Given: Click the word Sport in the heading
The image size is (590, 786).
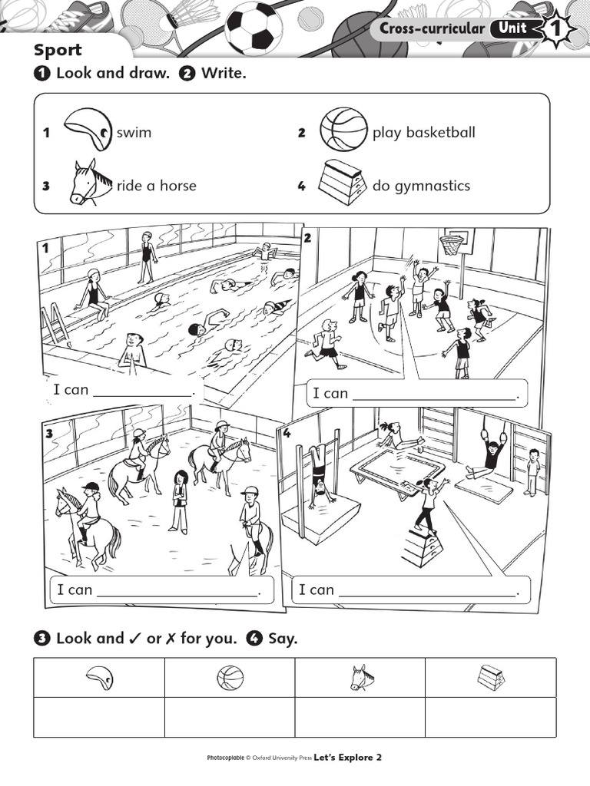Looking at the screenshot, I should point(58,51).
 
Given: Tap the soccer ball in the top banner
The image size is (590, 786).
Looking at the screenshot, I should point(254,26).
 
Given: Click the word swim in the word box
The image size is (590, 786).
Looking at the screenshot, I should point(134,133).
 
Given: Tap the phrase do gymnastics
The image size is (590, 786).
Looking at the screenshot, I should point(421,186).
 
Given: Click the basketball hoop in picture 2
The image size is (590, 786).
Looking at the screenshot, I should point(452,245).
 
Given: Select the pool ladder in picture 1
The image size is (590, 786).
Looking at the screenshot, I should point(55,322).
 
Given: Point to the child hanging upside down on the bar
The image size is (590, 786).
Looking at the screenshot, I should point(319,476).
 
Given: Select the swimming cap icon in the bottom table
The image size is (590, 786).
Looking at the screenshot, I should point(100,678).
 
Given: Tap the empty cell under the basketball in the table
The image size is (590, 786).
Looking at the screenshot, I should point(230,717).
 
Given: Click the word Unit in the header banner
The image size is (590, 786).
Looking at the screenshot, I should point(512,29).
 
